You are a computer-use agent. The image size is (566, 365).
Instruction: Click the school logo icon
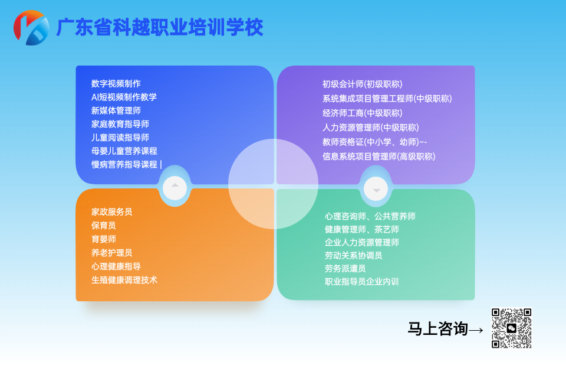(31, 27)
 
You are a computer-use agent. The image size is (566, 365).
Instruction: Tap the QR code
(511, 328)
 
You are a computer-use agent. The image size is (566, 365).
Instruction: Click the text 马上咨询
(437, 329)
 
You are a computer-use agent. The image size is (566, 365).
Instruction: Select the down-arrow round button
(376, 188)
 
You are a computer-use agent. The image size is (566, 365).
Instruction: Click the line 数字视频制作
(116, 84)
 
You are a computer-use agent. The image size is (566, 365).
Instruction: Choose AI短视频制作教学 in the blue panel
(124, 97)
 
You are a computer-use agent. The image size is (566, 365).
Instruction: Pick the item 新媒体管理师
(116, 111)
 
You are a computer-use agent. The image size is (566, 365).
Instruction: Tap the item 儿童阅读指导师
(120, 138)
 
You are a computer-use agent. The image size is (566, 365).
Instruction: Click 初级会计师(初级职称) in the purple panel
(362, 84)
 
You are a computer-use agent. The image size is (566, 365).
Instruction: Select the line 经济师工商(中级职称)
(362, 113)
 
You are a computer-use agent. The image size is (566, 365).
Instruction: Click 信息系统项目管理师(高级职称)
(379, 157)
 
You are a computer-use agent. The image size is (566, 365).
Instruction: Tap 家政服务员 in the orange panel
(112, 212)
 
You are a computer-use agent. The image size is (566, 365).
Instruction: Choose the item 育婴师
(104, 239)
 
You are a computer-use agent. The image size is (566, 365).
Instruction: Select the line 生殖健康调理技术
(124, 280)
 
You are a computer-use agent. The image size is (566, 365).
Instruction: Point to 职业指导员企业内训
(361, 282)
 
